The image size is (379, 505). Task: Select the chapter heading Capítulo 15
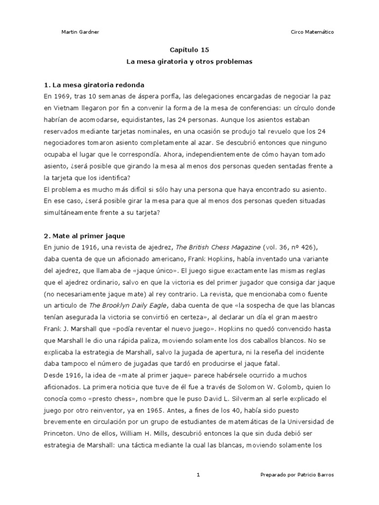coord(189,50)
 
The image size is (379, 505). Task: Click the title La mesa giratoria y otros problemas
coord(189,62)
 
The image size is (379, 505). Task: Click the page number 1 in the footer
coord(198,474)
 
